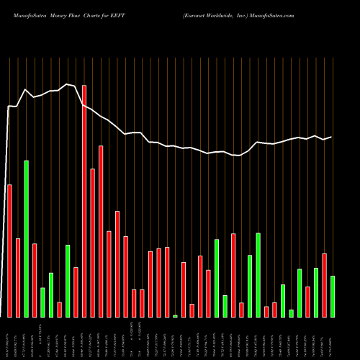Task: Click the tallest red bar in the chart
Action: pos(84,201)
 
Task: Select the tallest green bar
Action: pos(27,238)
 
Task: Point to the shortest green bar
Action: pos(175,315)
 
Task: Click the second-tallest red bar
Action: pos(101,231)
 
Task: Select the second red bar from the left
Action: pos(18,277)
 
